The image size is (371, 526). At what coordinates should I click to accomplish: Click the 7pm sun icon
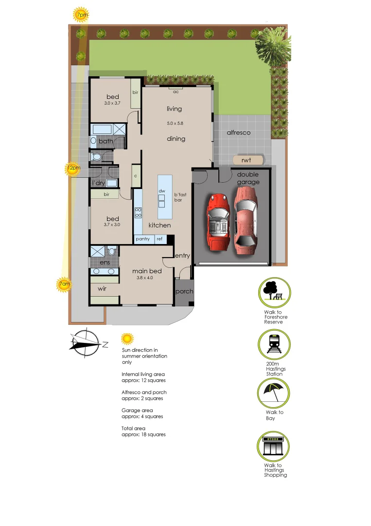point(81,15)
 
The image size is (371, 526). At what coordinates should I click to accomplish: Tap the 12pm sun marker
point(73,169)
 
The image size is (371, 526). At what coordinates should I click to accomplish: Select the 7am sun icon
point(64,284)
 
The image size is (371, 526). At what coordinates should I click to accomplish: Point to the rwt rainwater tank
point(248,159)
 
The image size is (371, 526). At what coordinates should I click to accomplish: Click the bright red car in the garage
point(219,222)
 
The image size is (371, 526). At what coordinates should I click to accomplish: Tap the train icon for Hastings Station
point(274,345)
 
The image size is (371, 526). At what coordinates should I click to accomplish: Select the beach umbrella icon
point(274,393)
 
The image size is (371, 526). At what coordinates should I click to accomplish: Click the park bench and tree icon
point(274,292)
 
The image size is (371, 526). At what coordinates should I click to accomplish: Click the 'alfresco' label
point(238,132)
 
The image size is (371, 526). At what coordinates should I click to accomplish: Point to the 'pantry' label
point(142,239)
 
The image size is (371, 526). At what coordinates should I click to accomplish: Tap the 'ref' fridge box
point(159,239)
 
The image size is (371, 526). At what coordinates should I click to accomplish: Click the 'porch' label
point(184,292)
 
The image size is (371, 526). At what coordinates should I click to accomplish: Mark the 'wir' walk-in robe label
point(102,289)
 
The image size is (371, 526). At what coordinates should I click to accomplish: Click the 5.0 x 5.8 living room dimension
point(175,123)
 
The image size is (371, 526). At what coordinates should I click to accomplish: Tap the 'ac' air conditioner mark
point(174,92)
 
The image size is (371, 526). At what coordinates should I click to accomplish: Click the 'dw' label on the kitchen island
point(162,191)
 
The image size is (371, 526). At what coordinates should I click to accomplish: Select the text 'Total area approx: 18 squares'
point(143,431)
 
